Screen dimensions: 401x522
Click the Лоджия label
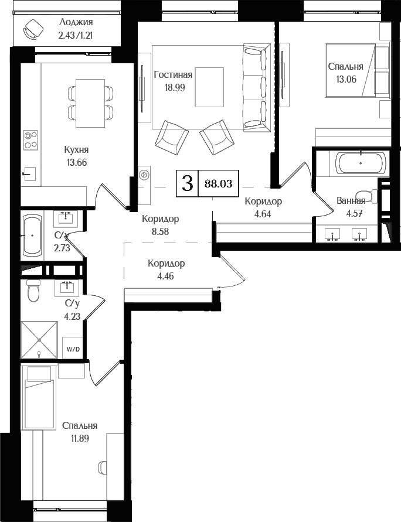point(76,22)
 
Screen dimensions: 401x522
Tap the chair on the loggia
point(32,29)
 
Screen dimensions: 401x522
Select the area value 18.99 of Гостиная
point(174,87)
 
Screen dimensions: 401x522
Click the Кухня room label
point(77,150)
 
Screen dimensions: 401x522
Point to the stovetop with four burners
point(30,140)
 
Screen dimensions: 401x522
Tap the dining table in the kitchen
point(90,103)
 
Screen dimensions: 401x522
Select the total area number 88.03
point(219,183)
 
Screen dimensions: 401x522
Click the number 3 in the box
point(188,183)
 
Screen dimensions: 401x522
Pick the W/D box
point(73,349)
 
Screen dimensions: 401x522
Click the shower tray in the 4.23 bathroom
point(39,340)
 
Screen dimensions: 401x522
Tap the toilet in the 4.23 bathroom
point(33,291)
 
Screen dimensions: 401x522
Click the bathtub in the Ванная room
point(361,163)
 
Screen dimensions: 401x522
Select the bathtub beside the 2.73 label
point(32,236)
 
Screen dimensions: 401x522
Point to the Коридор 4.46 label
point(166,269)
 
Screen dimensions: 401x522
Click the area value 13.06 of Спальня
point(346,79)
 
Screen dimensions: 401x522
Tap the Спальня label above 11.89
point(80,426)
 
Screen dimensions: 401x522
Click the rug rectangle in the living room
point(209,87)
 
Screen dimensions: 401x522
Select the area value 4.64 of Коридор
point(263,214)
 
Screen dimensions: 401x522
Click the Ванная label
point(351,201)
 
